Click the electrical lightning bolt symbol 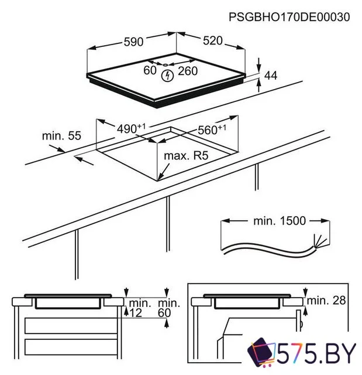point(168,75)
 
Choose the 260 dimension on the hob point(188,70)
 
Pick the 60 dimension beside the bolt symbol point(150,70)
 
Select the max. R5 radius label point(187,156)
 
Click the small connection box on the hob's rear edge point(166,64)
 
